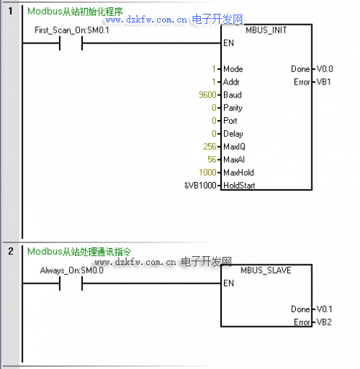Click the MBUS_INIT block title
click(266, 30)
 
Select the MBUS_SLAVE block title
click(265, 270)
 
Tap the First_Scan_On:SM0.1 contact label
click(72, 30)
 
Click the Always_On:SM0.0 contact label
click(72, 270)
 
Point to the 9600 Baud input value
click(207, 95)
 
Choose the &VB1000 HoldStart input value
click(200, 186)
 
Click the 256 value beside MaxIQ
click(209, 146)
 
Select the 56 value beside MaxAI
click(212, 159)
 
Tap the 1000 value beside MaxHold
click(207, 172)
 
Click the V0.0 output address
click(325, 69)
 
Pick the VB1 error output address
click(324, 82)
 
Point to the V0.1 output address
click(324, 309)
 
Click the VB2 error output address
click(324, 322)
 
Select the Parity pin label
click(233, 108)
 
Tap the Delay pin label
click(233, 134)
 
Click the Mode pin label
click(233, 69)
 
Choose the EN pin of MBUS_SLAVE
click(228, 283)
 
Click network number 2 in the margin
click(11, 251)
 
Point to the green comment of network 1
click(75, 12)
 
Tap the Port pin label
click(231, 121)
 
